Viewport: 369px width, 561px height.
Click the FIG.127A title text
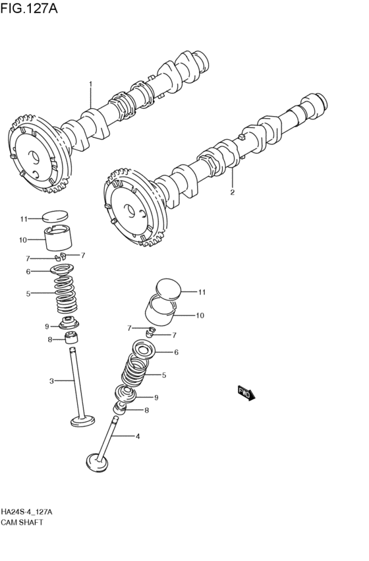point(28,8)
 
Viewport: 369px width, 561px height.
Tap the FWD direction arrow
point(246,393)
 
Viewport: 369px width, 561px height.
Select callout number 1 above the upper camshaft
point(91,84)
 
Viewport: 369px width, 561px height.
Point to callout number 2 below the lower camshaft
point(233,192)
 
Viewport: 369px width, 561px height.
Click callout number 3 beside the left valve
point(51,382)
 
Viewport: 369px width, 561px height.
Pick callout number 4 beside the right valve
point(138,436)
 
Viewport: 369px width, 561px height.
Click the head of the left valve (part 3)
point(83,421)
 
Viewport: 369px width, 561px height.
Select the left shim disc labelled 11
point(55,216)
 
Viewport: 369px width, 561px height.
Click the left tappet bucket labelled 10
point(58,238)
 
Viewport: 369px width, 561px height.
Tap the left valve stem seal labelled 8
point(72,338)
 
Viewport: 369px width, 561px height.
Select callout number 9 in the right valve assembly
point(156,398)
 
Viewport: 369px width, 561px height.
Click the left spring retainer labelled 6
point(62,270)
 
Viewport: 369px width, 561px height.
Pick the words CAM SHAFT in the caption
point(22,523)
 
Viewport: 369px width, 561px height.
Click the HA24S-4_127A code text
point(26,512)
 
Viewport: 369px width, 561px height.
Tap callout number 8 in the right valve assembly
point(146,411)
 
